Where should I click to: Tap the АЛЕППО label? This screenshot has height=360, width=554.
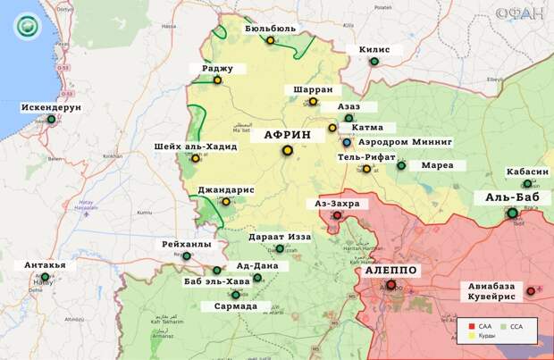(x=390, y=270)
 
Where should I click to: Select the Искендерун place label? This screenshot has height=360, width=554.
(x=52, y=107)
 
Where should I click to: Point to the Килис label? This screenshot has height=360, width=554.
(x=374, y=50)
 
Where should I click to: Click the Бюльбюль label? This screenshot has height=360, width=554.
(x=270, y=28)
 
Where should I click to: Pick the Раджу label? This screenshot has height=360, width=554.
(x=217, y=68)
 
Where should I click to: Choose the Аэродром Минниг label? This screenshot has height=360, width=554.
(x=405, y=142)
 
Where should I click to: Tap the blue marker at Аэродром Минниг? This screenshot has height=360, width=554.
(x=347, y=142)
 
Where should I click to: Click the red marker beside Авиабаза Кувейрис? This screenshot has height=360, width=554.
(x=531, y=291)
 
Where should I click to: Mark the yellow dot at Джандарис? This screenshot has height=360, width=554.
(x=225, y=202)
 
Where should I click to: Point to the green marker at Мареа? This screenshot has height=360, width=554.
(x=401, y=165)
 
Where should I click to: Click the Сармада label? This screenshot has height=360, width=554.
(x=236, y=306)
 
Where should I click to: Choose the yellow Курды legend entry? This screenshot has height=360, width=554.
(x=483, y=337)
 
